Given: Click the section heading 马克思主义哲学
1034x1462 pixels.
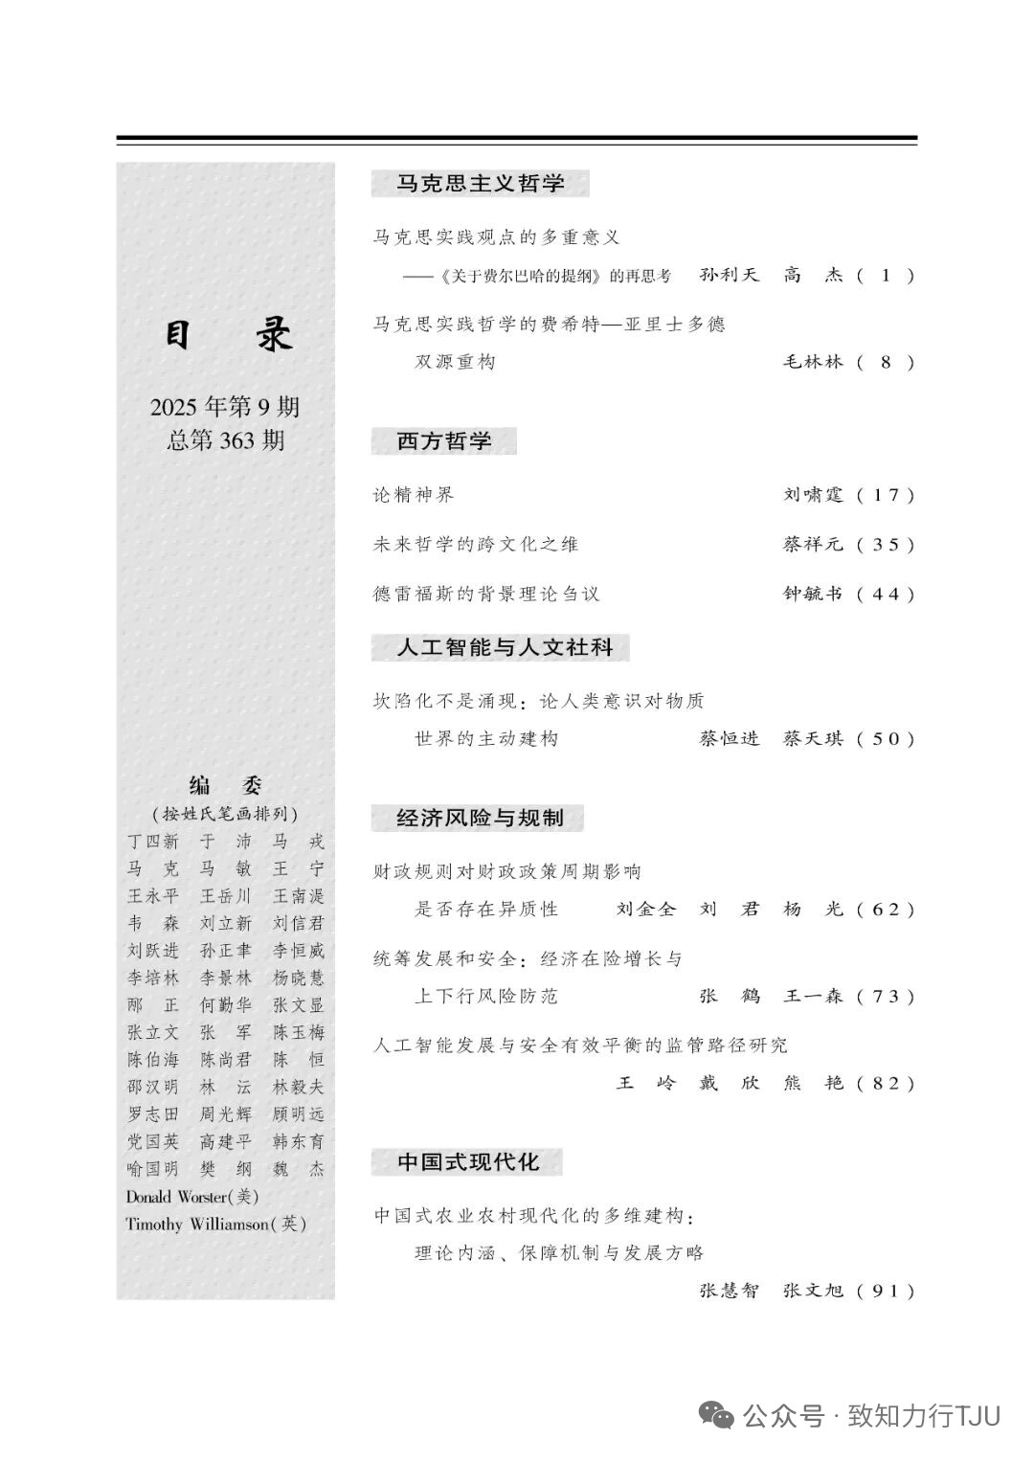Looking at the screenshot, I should (480, 184).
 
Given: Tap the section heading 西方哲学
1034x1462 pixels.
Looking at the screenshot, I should (443, 441).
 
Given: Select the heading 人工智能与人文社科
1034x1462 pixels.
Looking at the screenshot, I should (505, 648).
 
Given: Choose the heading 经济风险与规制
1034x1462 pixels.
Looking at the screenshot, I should (479, 819).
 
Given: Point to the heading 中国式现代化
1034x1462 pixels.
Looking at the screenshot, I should (467, 1162).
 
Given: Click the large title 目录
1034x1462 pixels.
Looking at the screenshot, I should (226, 335).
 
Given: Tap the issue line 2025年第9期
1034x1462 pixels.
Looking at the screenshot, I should (225, 407).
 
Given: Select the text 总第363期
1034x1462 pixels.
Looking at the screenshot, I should (225, 440).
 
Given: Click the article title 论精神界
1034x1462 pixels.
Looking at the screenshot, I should (414, 495).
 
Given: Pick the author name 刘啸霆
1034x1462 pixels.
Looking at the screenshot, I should (813, 495).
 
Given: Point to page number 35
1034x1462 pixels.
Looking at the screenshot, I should (886, 545).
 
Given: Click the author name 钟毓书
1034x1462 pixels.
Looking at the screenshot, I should (813, 594).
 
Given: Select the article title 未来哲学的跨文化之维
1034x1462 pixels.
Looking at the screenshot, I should (476, 545).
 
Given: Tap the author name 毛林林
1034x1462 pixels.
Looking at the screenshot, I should (813, 362).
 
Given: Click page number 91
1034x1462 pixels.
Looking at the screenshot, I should (886, 1291).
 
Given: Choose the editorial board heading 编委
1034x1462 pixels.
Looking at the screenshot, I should (226, 786).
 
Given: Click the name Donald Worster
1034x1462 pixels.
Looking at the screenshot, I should (177, 1197).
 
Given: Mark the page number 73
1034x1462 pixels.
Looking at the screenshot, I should (886, 997).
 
